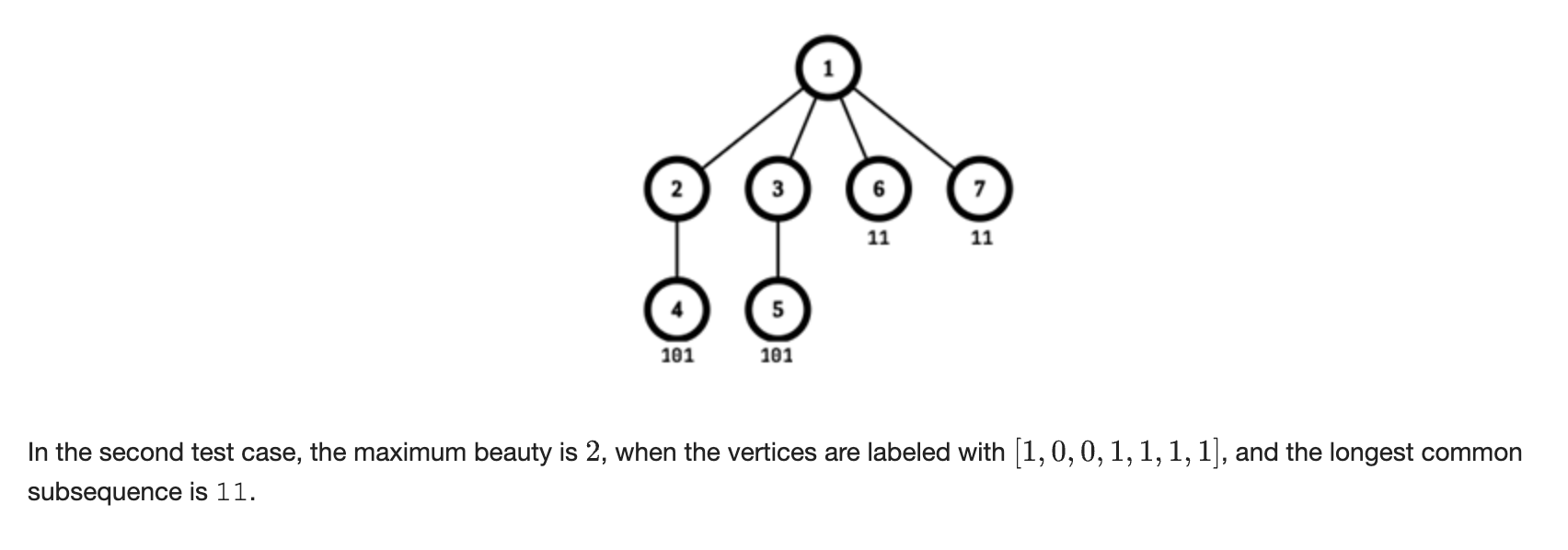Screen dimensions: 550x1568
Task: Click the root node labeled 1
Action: (828, 68)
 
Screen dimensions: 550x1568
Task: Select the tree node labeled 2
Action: (676, 189)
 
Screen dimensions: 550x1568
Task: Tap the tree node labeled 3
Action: (778, 189)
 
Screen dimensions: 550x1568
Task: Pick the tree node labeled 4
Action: (676, 309)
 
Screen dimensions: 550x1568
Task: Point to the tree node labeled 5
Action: (778, 309)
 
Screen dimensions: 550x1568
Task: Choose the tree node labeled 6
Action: (879, 189)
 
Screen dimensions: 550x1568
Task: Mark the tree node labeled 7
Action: (979, 189)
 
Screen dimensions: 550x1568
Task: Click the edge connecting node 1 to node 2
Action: (752, 129)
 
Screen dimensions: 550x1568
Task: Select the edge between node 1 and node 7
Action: (905, 129)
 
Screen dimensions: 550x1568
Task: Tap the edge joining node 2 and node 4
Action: (676, 249)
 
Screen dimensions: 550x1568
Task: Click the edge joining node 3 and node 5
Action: (778, 249)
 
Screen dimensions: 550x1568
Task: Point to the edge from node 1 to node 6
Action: (853, 129)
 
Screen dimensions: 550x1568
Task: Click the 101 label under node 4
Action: (677, 355)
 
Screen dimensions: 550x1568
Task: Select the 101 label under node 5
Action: (777, 355)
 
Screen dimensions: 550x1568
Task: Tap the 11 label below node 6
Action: (879, 238)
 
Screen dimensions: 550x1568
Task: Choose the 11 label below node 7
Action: (982, 238)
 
